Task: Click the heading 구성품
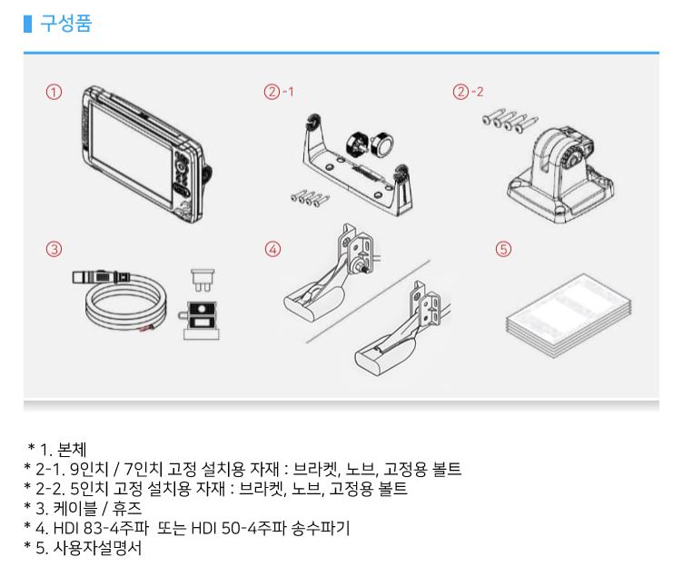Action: [x=65, y=24]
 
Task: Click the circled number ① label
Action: [x=54, y=92]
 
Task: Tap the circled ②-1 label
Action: [x=278, y=92]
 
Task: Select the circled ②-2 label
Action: [x=469, y=92]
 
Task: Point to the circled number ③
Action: [x=54, y=248]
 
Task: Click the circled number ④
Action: [x=272, y=248]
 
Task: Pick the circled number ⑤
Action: [x=503, y=248]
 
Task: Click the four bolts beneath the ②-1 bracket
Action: [x=304, y=195]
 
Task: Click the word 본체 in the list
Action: [x=69, y=449]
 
